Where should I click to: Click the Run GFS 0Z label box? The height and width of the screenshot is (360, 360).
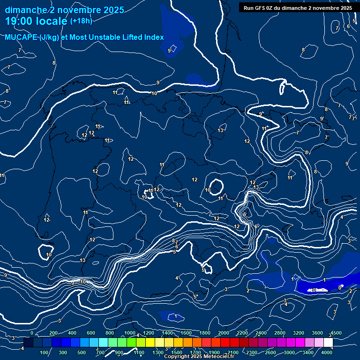[298, 7]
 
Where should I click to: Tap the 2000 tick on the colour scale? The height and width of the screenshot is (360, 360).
[224, 333]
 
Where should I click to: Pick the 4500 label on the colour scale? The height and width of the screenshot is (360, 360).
[336, 333]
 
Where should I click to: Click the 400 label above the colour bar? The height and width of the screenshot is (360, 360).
[72, 333]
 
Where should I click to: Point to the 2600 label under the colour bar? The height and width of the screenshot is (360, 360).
[270, 352]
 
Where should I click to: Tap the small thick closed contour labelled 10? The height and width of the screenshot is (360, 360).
[216, 186]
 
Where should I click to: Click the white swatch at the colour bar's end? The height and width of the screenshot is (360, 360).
[328, 343]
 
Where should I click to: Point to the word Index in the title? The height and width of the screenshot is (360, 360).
[151, 37]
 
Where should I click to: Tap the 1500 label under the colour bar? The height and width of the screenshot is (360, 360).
[177, 352]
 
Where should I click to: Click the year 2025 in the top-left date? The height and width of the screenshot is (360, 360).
[114, 10]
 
